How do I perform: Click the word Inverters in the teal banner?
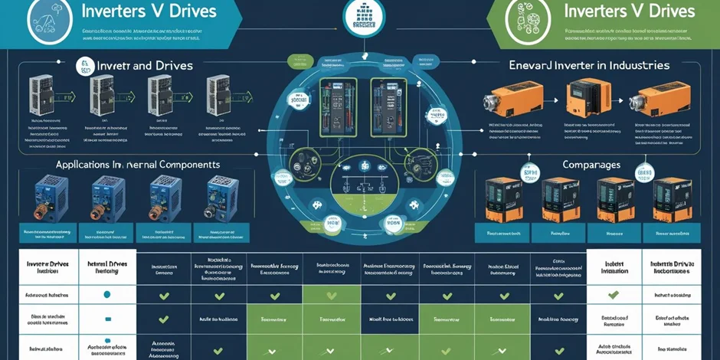click(120, 13)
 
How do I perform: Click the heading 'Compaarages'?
click(591, 164)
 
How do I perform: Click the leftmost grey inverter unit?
click(38, 95)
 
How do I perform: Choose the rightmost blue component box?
click(222, 197)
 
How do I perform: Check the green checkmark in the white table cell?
click(613, 294)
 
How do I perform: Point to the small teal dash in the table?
click(107, 319)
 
